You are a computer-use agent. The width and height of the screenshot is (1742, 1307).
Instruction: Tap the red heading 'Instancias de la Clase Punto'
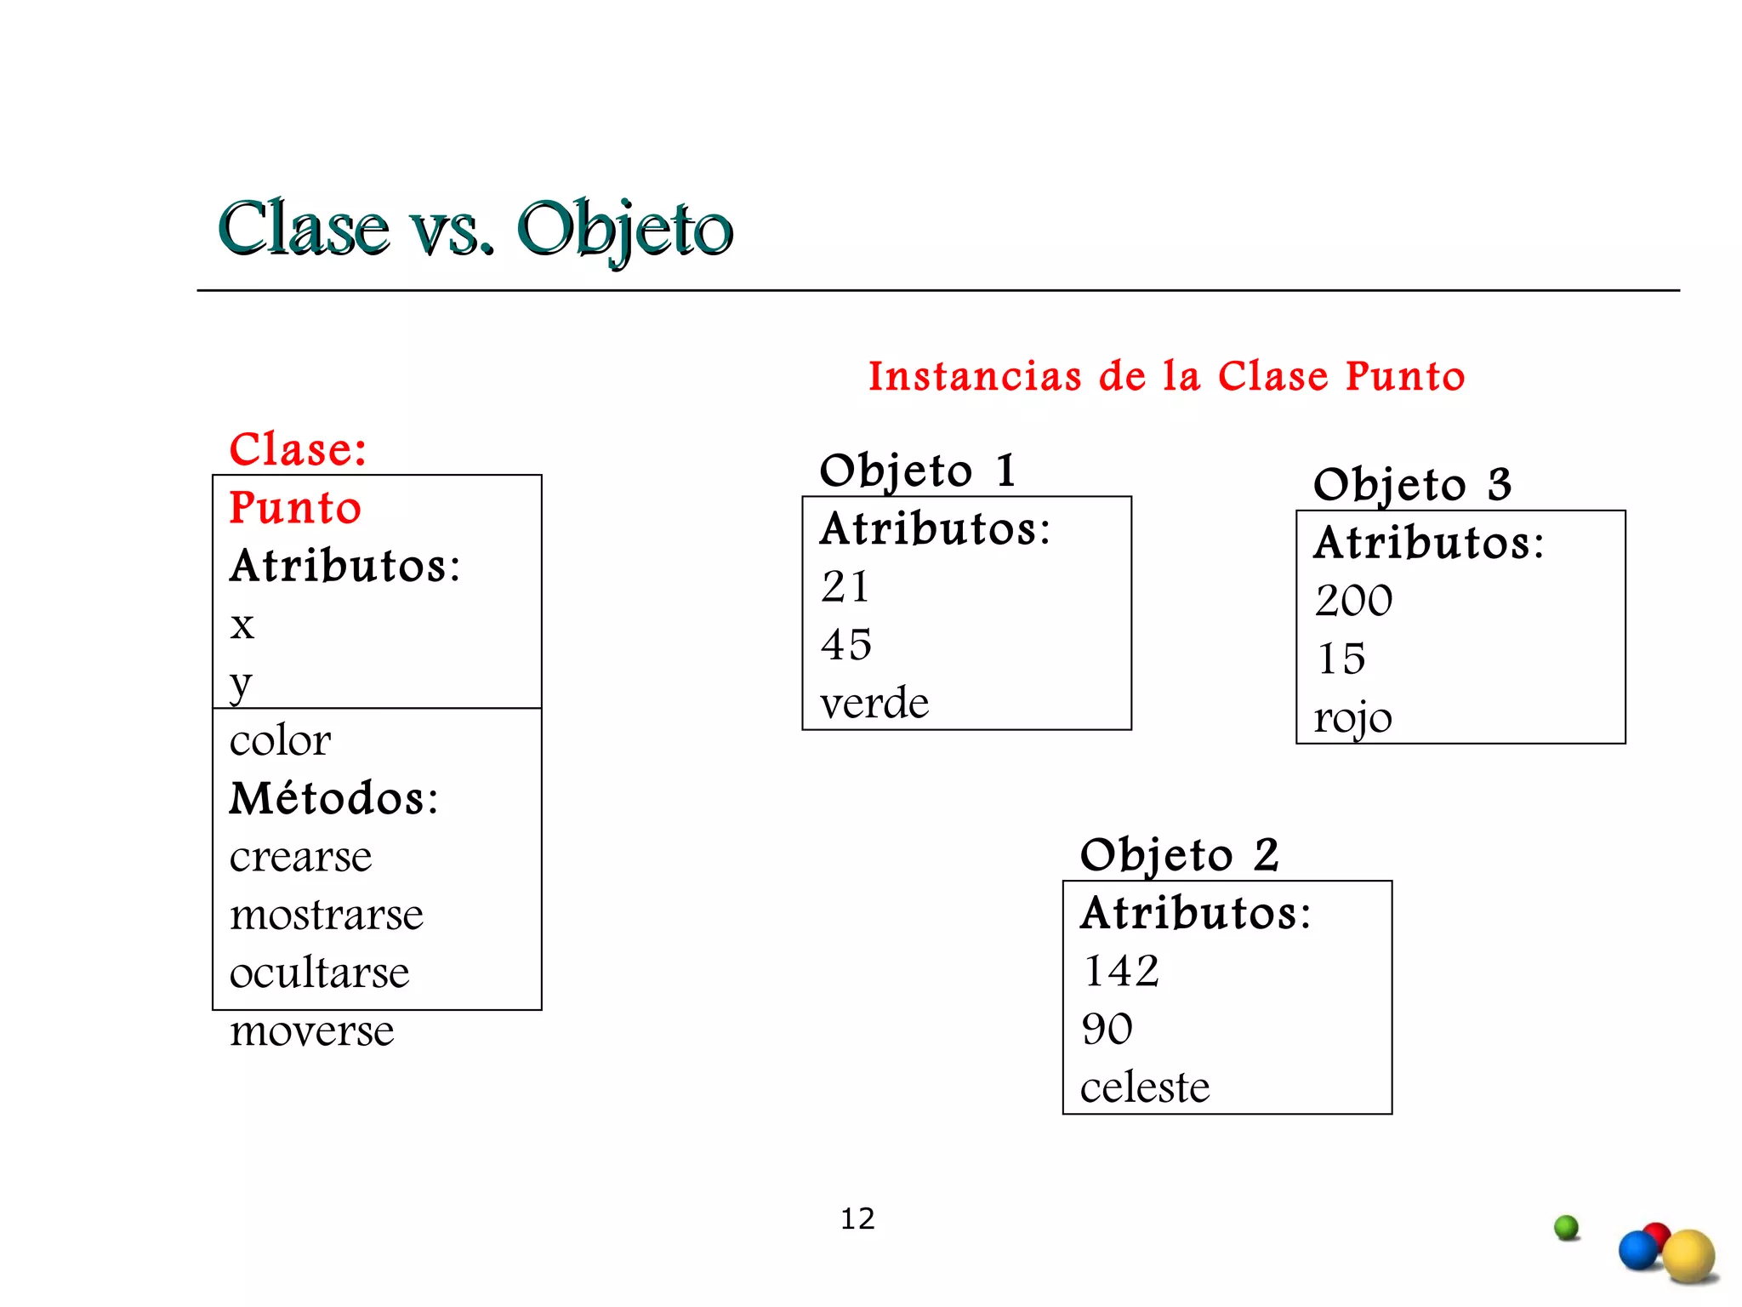(x=1166, y=376)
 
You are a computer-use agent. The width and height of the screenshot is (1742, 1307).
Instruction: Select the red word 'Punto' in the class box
(x=295, y=508)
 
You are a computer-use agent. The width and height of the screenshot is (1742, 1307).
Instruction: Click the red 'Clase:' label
(x=298, y=448)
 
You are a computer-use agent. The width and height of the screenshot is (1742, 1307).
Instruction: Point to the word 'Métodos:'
(x=333, y=798)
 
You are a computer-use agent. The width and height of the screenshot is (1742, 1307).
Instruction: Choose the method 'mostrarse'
(x=326, y=915)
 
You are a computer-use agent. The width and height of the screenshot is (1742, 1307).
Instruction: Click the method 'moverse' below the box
(x=311, y=1031)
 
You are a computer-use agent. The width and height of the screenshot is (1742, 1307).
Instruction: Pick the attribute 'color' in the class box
(x=280, y=740)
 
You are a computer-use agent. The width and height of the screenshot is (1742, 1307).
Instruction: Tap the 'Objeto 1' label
(x=918, y=471)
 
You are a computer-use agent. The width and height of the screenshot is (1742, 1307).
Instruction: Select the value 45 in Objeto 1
(x=846, y=644)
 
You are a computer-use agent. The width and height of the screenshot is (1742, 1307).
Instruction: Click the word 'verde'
(x=874, y=703)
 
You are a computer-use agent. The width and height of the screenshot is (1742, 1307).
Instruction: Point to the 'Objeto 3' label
(x=1412, y=485)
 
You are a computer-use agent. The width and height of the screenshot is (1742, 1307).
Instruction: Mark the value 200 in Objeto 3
(x=1353, y=601)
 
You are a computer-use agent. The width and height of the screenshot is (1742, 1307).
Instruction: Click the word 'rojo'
(x=1352, y=717)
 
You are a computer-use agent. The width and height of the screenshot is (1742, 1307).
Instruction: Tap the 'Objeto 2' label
(x=1179, y=855)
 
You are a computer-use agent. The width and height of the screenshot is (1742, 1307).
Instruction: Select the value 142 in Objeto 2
(x=1121, y=971)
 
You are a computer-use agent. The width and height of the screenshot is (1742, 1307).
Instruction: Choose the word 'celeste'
(x=1144, y=1087)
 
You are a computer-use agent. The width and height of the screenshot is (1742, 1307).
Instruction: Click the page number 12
(x=857, y=1219)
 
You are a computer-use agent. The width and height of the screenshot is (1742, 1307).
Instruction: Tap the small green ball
(x=1566, y=1227)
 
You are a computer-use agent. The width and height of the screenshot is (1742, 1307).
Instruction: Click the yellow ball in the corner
(x=1688, y=1256)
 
